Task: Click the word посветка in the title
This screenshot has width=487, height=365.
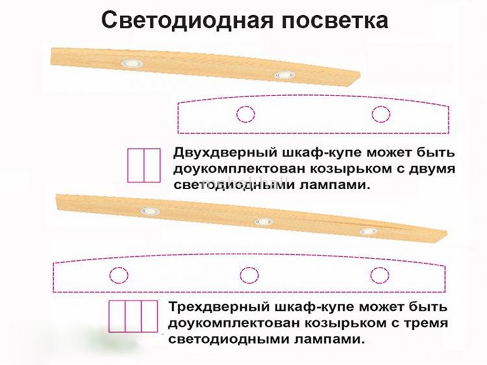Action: coord(325,19)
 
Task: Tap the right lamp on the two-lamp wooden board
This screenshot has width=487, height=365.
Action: coord(282,75)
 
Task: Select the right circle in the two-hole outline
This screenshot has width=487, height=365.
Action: coord(380,114)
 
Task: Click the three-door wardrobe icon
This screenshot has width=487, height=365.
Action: coord(133,316)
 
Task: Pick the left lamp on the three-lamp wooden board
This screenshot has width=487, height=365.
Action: coord(148,210)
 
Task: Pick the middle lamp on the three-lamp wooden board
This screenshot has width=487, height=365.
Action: coord(262,221)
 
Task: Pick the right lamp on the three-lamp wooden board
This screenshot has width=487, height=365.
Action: coord(368,231)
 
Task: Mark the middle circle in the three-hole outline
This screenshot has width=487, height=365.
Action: coord(248,276)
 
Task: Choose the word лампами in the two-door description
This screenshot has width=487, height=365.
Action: coord(335,184)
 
